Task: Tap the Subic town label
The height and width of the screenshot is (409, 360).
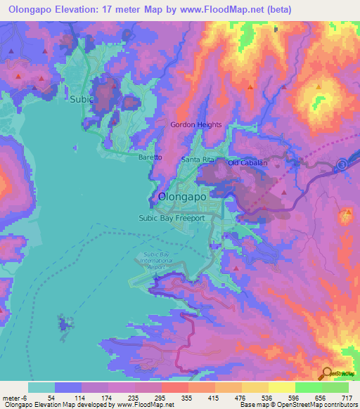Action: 81,100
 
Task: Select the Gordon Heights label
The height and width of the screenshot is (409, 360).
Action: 196,125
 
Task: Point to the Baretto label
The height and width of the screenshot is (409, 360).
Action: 150,158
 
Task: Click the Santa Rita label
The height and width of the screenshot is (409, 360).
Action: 198,160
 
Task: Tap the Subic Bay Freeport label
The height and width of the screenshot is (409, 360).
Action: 171,218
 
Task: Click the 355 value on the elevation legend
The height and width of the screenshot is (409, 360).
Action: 186,398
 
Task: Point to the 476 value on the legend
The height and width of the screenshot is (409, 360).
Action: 240,398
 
